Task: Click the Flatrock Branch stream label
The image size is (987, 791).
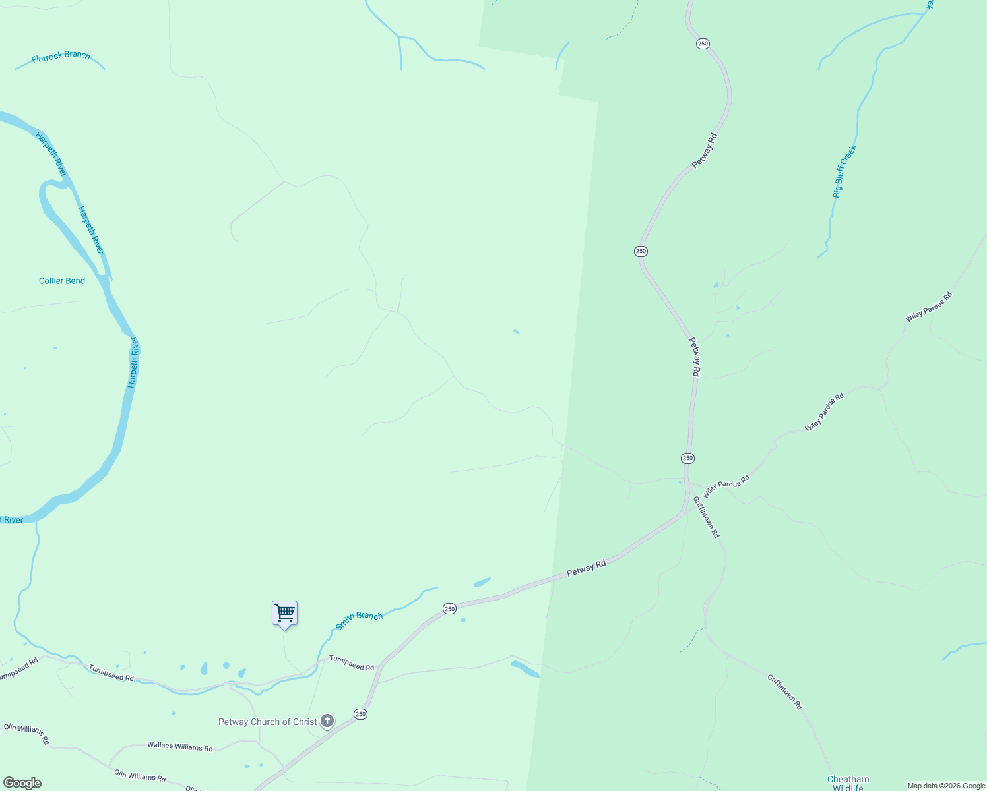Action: coord(61,57)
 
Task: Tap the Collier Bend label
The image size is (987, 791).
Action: coord(62,281)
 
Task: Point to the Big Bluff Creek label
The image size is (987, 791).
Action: coord(844,171)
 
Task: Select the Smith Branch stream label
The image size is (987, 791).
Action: coord(359,620)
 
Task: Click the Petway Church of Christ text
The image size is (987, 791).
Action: coord(267,722)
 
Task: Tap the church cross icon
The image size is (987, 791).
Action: coord(327,721)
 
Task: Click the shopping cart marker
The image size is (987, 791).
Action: coord(284,613)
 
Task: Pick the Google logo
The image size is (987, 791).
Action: coord(22,783)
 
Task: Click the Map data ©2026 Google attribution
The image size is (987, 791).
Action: coord(946,786)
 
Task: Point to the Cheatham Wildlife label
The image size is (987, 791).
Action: coord(848,783)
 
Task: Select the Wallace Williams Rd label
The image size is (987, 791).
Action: coord(180,747)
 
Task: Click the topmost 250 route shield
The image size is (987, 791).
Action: coord(703,44)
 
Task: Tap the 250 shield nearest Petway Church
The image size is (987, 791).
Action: coord(360,714)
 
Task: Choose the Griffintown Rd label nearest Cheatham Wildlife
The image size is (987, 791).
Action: coord(784,691)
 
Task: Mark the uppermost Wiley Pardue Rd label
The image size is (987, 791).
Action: coord(929,307)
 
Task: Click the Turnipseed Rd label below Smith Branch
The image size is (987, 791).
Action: coord(352,663)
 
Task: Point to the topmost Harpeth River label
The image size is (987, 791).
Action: coord(51,154)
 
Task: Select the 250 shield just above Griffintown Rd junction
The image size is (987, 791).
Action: coord(687,458)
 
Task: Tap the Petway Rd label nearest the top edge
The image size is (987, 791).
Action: coord(705,151)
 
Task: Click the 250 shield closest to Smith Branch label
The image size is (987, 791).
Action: coord(449,608)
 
